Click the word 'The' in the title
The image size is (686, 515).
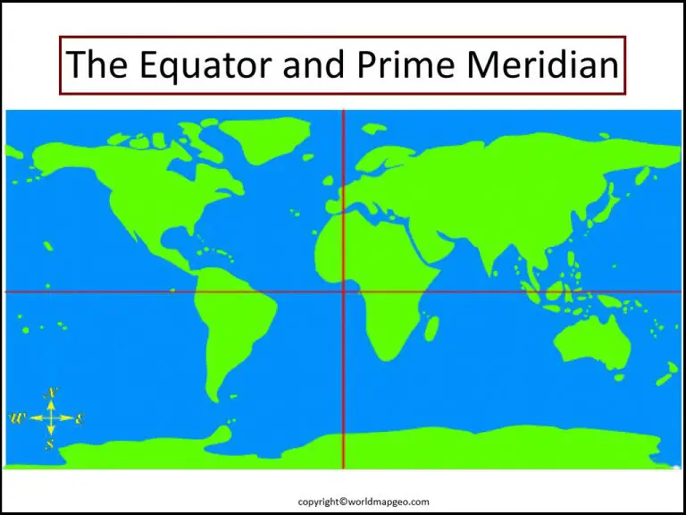93,65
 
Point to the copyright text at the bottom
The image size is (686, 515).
343,502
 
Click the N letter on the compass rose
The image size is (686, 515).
52,393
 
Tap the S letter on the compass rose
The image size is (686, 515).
51,443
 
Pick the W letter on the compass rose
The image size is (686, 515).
17,418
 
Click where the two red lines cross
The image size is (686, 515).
344,291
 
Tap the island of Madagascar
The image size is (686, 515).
431,327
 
